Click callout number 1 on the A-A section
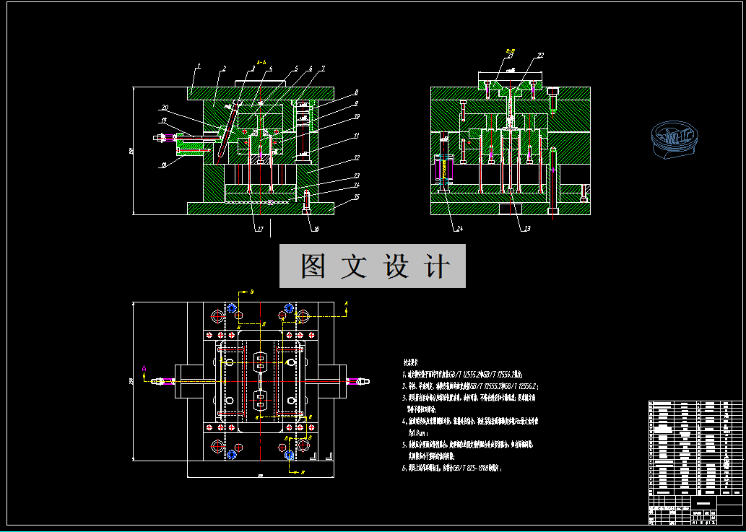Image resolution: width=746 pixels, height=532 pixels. [x=198, y=66]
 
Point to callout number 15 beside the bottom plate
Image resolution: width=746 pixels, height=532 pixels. [x=356, y=197]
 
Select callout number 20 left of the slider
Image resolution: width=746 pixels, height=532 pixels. [x=165, y=107]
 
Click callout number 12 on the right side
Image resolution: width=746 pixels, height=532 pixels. [x=356, y=157]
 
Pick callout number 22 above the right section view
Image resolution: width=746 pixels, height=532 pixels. [x=540, y=56]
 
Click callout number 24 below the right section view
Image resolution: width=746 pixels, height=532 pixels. [x=459, y=230]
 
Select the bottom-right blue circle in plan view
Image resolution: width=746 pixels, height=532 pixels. [x=289, y=455]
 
